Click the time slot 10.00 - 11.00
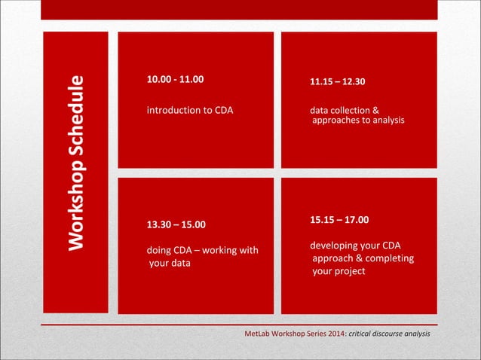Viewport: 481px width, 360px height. (x=174, y=78)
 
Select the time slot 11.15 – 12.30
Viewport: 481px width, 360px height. (x=338, y=82)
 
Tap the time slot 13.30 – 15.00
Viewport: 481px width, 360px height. (x=175, y=224)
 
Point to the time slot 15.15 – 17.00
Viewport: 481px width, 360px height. (x=339, y=220)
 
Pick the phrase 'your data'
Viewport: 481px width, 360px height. (x=170, y=264)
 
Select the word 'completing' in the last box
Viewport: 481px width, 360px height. (x=390, y=258)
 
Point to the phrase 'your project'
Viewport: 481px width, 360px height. (x=339, y=271)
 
